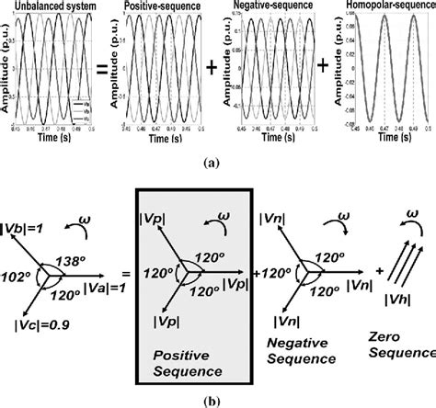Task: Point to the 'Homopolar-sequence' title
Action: (387, 6)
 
